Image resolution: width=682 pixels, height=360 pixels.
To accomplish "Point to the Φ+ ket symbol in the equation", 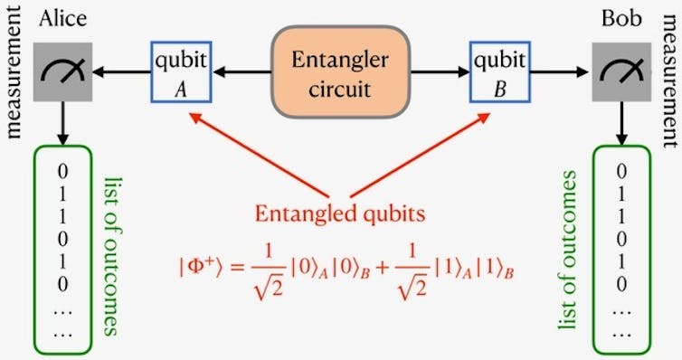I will tap(200, 268).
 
